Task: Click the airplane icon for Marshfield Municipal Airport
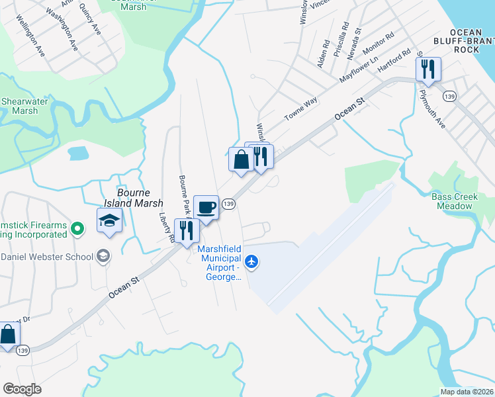tap(251, 262)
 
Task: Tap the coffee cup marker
tap(206, 208)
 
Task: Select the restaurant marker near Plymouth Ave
tap(428, 69)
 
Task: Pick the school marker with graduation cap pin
tap(109, 221)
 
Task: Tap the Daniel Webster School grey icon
tap(103, 256)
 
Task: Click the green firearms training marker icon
tap(78, 229)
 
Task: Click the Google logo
tap(22, 388)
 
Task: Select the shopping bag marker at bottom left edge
tap(8, 335)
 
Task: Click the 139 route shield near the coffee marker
tap(229, 204)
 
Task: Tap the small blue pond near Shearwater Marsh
tap(78, 154)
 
